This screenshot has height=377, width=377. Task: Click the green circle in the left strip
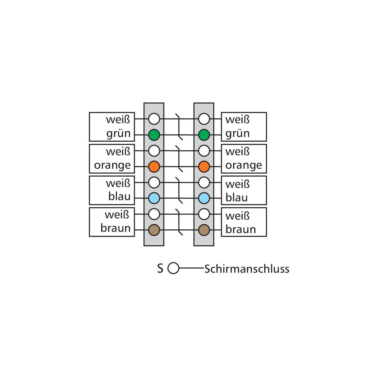(154, 135)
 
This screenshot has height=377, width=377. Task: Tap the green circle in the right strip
(204, 135)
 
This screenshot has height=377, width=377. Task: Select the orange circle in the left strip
(154, 167)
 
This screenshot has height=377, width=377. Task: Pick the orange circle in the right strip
(204, 167)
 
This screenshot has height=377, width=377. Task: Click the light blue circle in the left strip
(154, 198)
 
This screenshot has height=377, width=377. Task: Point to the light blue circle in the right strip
(204, 198)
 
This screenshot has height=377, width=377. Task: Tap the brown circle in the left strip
(154, 230)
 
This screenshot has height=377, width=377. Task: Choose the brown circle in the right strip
(204, 230)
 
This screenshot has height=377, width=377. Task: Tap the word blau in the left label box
(119, 196)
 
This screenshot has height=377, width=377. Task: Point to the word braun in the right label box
(241, 229)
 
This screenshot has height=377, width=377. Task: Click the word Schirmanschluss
(247, 269)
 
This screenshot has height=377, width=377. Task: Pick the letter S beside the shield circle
(160, 268)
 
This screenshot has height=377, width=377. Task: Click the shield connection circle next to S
(173, 268)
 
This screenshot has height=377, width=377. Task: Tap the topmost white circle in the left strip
(154, 119)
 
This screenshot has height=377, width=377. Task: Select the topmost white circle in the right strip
(204, 119)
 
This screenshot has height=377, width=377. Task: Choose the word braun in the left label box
(115, 228)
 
